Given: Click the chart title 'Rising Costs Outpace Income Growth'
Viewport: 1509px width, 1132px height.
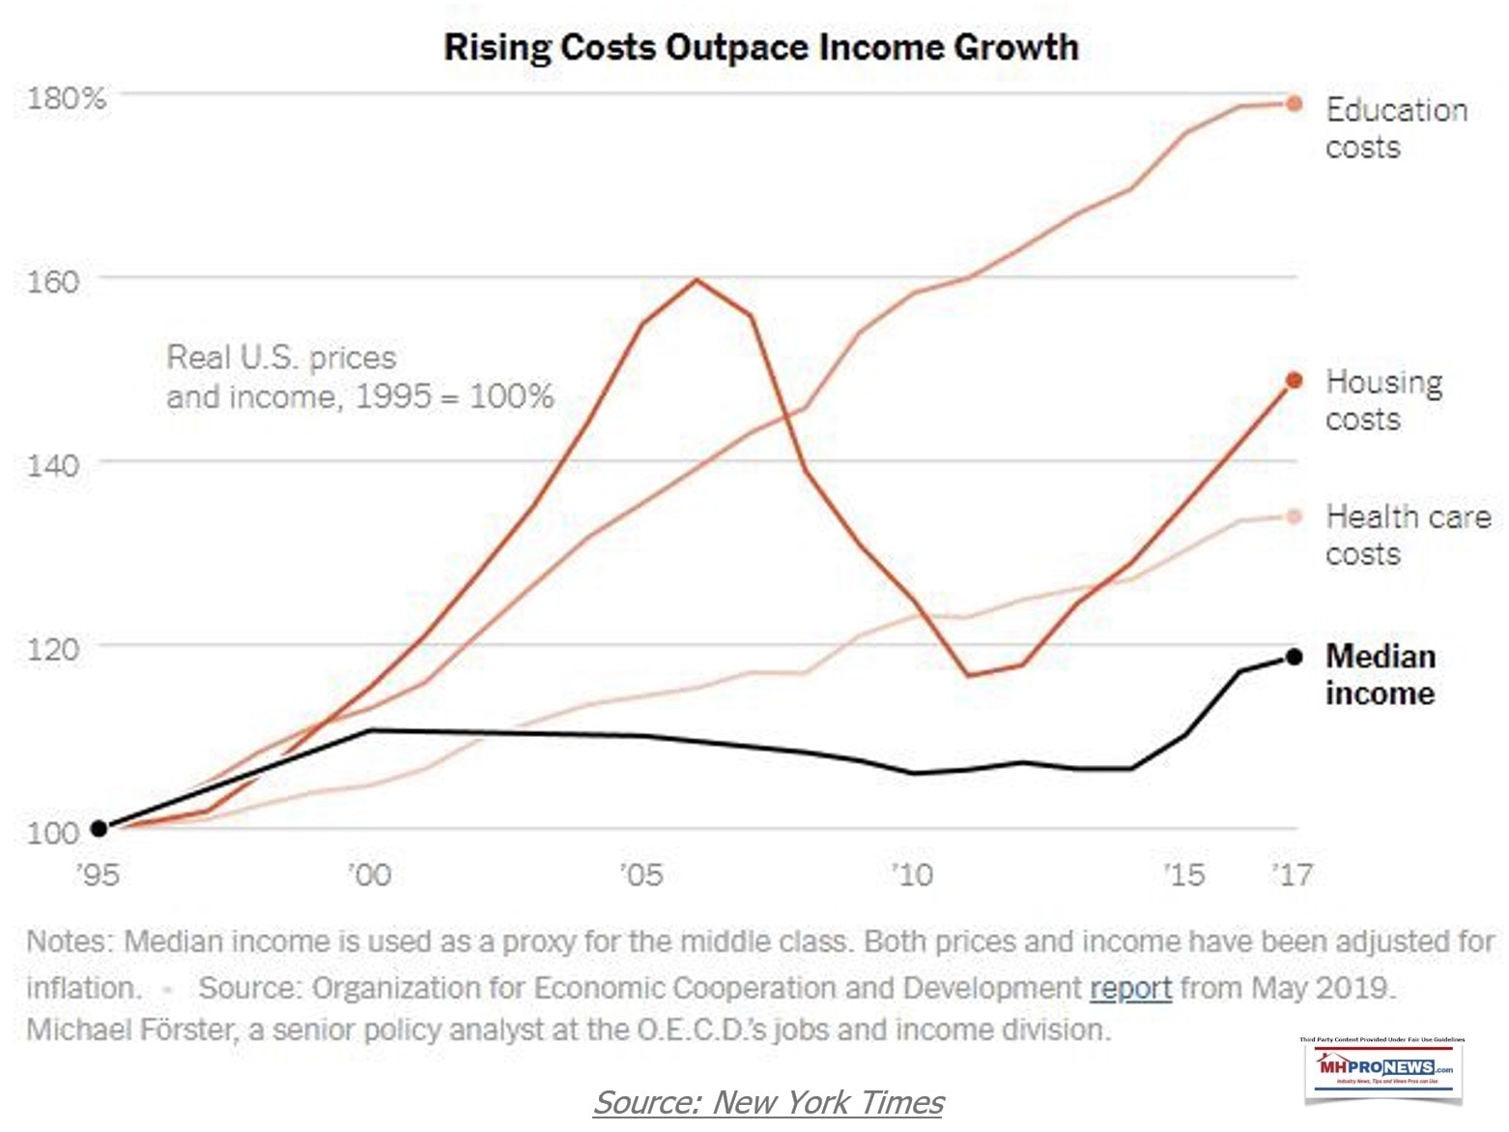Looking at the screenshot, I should click(760, 46).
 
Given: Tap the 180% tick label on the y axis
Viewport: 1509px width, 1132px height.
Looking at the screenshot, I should click(66, 98).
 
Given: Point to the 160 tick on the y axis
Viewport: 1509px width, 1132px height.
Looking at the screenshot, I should click(66, 281).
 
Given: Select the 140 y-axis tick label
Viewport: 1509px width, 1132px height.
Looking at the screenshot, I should click(66, 465).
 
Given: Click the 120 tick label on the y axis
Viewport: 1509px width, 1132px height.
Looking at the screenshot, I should click(66, 647).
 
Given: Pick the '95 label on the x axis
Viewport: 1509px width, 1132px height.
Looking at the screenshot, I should click(98, 875).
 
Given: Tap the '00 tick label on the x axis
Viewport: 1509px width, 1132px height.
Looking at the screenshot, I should click(369, 875).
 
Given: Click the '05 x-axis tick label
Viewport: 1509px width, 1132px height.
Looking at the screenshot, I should click(641, 875).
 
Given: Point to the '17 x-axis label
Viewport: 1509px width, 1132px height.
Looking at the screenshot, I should click(1293, 875).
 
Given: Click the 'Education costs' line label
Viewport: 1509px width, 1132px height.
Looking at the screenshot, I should click(1396, 127).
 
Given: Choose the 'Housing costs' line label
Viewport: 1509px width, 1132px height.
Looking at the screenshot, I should click(1383, 400).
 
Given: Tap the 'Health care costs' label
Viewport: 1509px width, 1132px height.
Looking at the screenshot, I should click(1408, 534).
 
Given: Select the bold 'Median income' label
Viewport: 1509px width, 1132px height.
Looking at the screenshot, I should click(1381, 674).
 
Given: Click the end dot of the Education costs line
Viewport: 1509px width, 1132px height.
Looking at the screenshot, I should click(1295, 103).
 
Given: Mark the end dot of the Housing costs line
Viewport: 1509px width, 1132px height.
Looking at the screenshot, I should click(1295, 381).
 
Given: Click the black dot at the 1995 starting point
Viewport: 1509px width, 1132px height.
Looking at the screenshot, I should click(99, 829).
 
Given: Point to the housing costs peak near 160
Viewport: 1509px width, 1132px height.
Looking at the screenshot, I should click(697, 280).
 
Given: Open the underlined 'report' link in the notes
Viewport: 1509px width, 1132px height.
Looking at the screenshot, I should click(1130, 988).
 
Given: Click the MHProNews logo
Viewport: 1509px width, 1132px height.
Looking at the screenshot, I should click(1383, 1068).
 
